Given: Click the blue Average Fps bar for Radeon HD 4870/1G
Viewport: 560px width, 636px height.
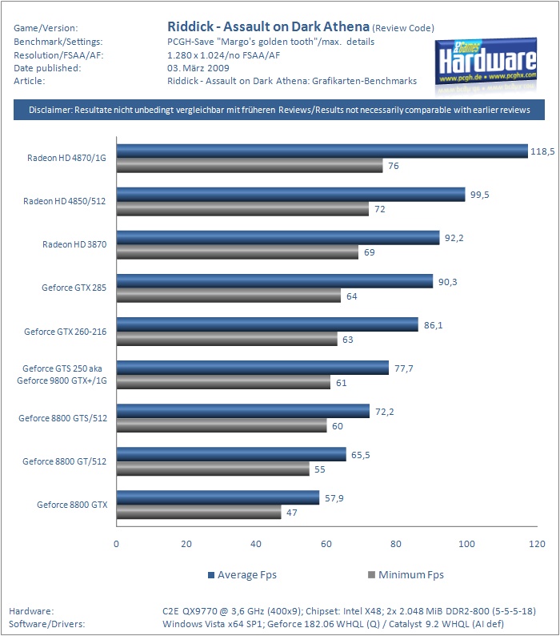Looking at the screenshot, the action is point(322,151).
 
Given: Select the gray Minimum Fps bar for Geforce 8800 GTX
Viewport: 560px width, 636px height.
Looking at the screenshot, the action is point(199,512).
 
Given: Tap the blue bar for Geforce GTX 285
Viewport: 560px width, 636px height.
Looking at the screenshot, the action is point(274,281).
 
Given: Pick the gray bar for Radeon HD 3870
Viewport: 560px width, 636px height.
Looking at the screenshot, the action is point(238,252).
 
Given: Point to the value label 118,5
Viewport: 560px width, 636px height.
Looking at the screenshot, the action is point(542,151).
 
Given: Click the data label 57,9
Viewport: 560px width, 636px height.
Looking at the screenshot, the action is point(334,498).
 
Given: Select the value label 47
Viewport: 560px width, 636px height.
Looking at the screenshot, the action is point(292,513).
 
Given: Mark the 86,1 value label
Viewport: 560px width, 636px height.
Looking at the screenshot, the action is point(433,325).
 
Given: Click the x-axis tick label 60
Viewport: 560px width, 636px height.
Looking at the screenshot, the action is point(326,544).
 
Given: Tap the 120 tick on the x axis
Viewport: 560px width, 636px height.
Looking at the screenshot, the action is point(537,544).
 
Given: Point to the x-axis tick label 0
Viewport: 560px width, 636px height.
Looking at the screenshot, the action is point(116,544).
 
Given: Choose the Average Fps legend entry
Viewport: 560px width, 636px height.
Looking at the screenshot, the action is point(242,575).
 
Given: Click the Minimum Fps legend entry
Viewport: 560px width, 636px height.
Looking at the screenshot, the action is point(406,575).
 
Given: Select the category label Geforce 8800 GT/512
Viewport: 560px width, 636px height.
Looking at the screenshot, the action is point(65,461).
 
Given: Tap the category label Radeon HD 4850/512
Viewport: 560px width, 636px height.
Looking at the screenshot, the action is point(65,201).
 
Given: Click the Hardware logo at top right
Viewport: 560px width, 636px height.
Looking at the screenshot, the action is point(486,64).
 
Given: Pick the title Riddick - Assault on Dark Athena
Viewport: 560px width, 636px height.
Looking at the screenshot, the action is point(268,26).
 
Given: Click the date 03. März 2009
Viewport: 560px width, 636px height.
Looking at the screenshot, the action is point(198,68).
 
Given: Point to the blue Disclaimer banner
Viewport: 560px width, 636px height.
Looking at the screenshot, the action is point(279,110).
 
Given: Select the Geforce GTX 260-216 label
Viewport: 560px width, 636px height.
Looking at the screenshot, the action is point(66,332).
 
